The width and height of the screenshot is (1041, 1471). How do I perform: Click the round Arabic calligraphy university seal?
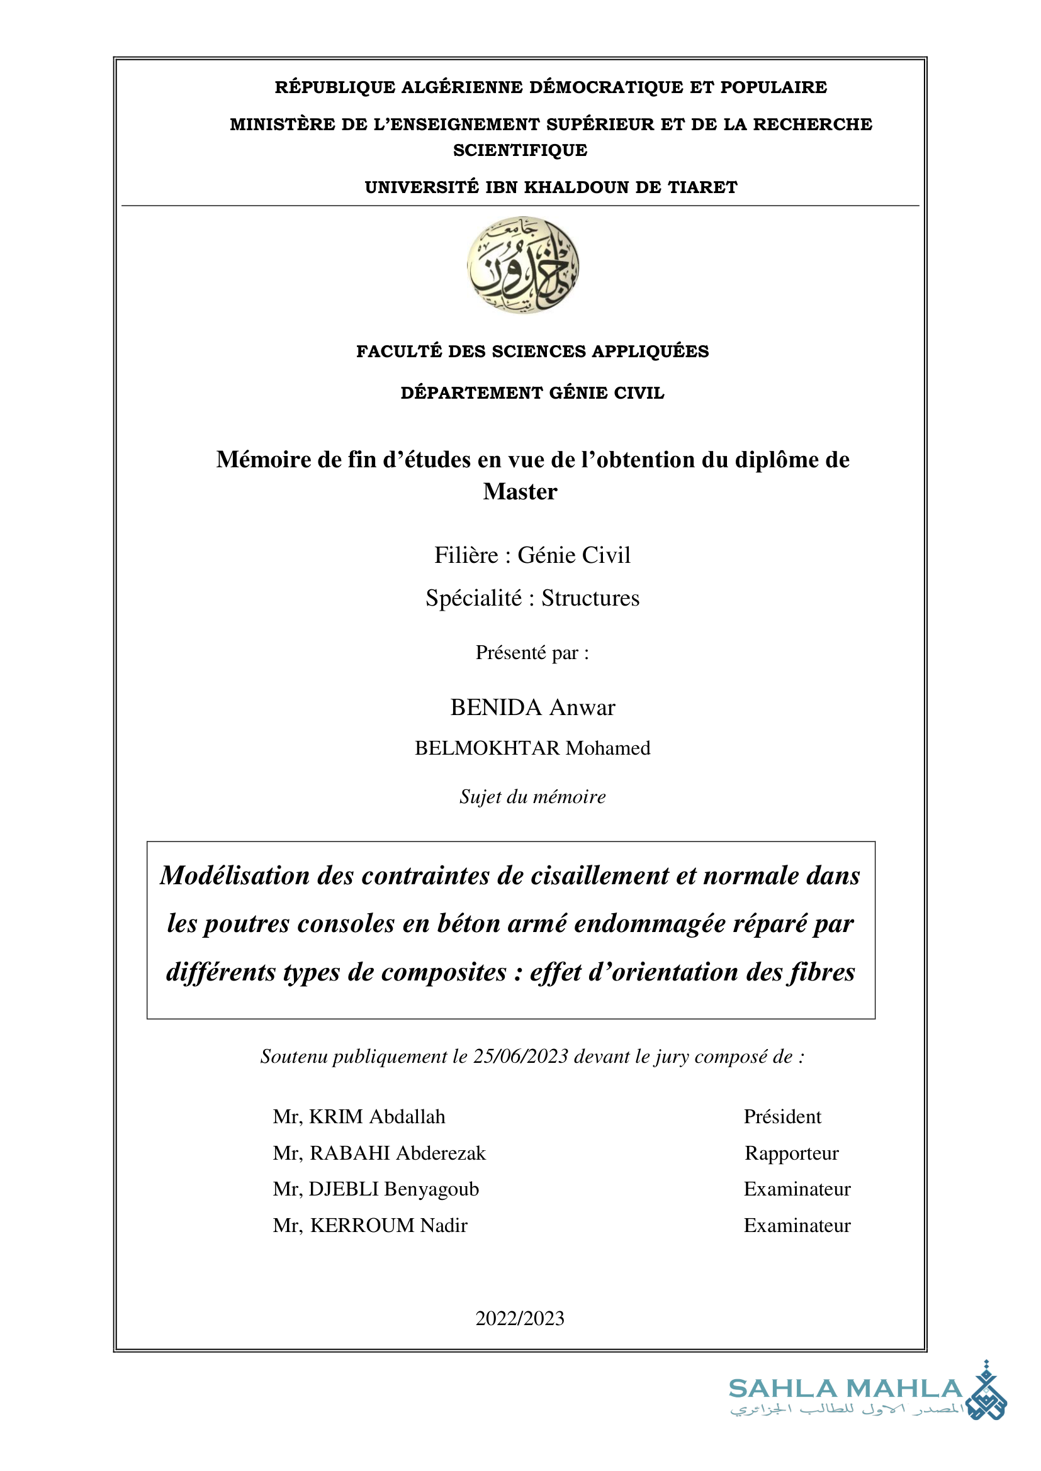click(x=522, y=265)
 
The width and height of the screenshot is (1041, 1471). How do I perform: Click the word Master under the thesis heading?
click(x=520, y=491)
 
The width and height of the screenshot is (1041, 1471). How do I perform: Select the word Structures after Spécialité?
click(x=590, y=597)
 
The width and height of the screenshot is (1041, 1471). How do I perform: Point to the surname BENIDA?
click(x=496, y=708)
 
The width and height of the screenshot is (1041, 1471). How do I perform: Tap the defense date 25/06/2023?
click(x=520, y=1057)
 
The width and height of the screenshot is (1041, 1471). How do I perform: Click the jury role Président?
click(x=782, y=1117)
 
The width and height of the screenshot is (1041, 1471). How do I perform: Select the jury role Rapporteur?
click(x=791, y=1153)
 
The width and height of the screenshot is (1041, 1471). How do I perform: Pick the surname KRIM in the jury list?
click(x=337, y=1117)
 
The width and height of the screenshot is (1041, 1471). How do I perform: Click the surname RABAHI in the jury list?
click(x=351, y=1153)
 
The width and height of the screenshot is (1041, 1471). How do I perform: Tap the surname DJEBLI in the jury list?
click(x=344, y=1189)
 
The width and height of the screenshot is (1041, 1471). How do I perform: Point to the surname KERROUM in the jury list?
click(x=362, y=1226)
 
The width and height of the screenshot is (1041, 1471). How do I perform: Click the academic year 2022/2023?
click(x=520, y=1319)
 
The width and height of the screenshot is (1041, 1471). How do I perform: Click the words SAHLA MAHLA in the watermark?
click(x=845, y=1389)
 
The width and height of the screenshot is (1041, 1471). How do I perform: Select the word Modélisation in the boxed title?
click(x=235, y=875)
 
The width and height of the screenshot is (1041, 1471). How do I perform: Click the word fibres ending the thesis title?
click(x=822, y=972)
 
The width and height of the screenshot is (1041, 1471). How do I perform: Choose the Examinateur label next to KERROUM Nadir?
click(x=797, y=1226)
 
